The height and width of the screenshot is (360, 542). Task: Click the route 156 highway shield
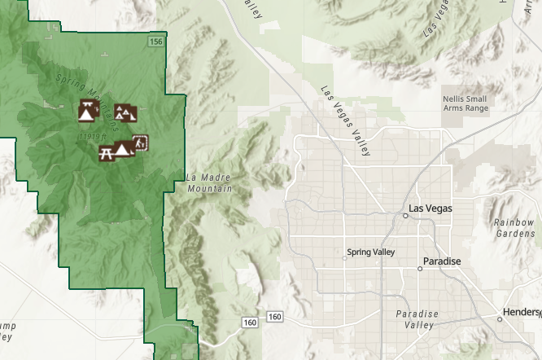(155, 41)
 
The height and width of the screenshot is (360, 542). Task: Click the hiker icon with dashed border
(140, 143)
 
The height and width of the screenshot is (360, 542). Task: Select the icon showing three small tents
(124, 112)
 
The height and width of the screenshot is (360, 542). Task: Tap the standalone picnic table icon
(106, 152)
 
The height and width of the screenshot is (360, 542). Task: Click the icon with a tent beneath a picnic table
(86, 110)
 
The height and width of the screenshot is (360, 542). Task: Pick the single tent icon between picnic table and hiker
(123, 149)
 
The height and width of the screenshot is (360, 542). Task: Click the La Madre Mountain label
(209, 182)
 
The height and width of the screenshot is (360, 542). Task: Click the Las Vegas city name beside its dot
(429, 209)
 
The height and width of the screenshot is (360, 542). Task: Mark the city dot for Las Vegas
(405, 216)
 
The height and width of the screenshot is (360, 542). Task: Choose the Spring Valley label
(370, 252)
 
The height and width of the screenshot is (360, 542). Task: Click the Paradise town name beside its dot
(442, 261)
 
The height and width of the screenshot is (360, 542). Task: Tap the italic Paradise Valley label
(417, 319)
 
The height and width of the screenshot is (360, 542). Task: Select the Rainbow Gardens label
(514, 227)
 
